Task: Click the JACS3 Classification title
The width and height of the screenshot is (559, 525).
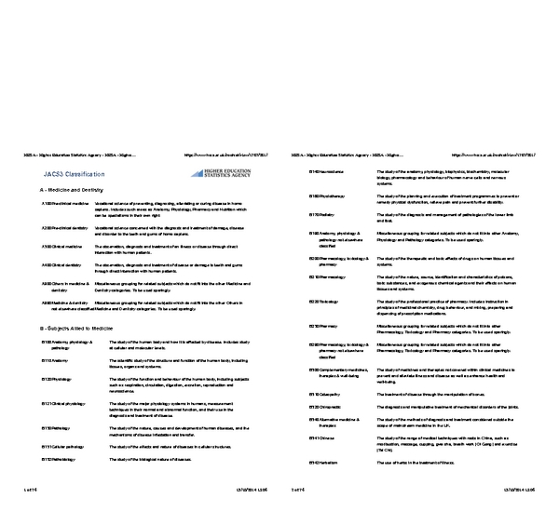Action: pos(72,173)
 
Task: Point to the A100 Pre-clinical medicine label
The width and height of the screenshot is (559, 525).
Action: pos(64,202)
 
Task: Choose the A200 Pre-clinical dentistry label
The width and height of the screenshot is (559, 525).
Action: pos(64,227)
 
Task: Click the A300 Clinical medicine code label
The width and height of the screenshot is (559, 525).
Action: pos(61,247)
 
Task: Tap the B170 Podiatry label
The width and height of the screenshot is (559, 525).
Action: pos(321,214)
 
